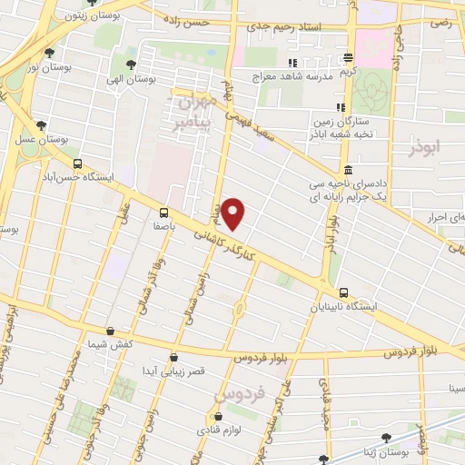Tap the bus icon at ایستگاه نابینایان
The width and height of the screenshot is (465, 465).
(x=343, y=292)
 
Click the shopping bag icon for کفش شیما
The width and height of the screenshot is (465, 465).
(x=110, y=331)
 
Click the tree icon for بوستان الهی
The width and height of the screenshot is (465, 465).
(x=132, y=64)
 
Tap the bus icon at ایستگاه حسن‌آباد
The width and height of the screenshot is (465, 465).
(x=77, y=164)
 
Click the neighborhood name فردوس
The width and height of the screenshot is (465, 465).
(x=235, y=396)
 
